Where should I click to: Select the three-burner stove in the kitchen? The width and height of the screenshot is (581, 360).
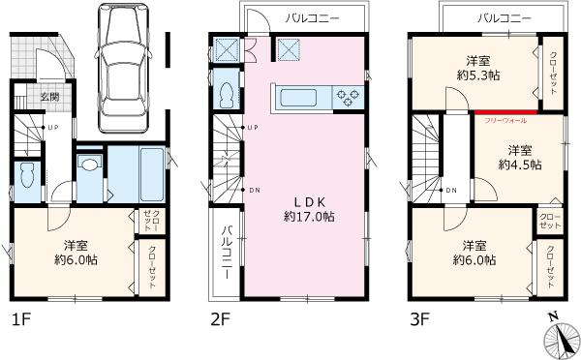point(346,96)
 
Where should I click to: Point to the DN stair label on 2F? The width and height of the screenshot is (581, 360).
point(253,190)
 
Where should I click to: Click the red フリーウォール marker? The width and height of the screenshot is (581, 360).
point(505,112)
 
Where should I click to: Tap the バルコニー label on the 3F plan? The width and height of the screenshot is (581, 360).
point(505,18)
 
